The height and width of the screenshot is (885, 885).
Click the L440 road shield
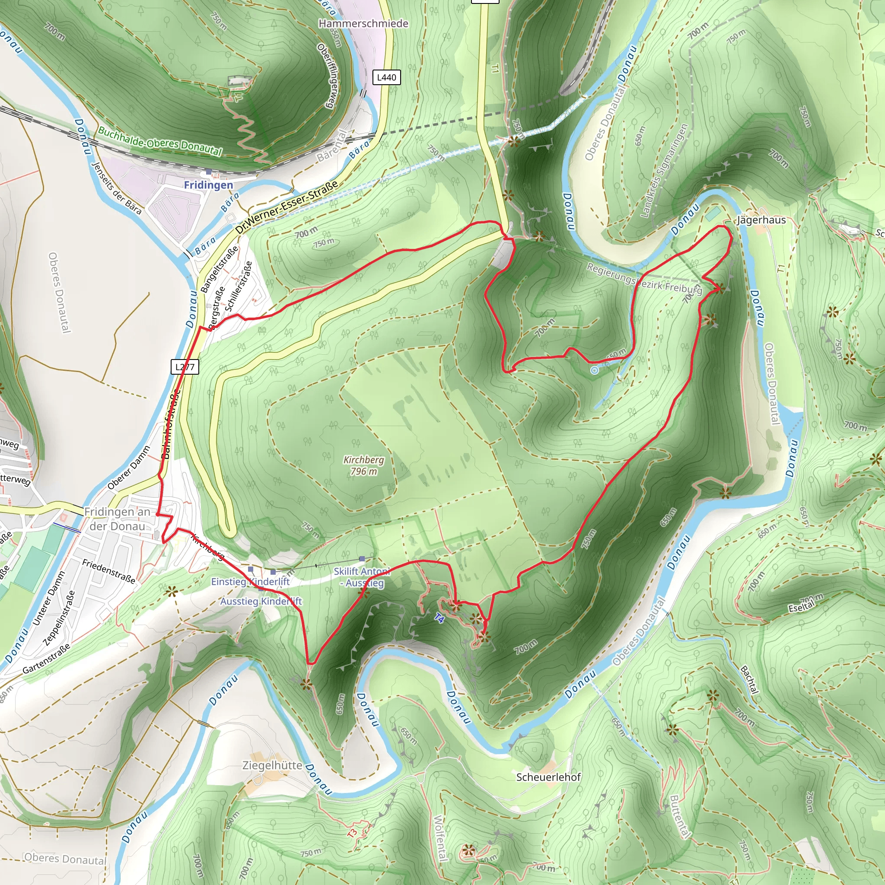point(386,77)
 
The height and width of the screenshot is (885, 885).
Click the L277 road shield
point(185,366)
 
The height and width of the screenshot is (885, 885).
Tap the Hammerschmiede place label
point(363,23)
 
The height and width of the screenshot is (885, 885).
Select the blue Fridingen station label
point(208,185)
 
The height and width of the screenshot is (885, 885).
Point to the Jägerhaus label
point(761,220)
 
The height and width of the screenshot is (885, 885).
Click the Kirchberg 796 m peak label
point(364,465)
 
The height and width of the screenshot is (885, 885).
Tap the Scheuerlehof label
point(548,777)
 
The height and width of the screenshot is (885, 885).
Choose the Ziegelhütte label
point(272,765)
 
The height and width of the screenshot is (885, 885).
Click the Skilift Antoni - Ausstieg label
point(362,577)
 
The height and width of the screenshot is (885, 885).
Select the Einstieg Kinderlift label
point(250,581)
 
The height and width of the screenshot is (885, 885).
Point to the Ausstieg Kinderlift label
point(261,601)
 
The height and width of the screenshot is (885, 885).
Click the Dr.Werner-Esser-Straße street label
point(287,207)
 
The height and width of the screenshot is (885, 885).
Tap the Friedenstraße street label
point(109,571)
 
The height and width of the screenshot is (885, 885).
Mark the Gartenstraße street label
point(46,659)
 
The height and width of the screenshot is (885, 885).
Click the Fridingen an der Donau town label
point(117,519)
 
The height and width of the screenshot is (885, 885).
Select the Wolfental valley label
point(439,838)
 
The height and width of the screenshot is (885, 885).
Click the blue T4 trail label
point(439,618)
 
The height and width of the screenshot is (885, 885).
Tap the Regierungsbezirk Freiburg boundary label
point(643,278)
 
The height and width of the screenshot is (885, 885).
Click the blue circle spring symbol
point(594,370)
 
